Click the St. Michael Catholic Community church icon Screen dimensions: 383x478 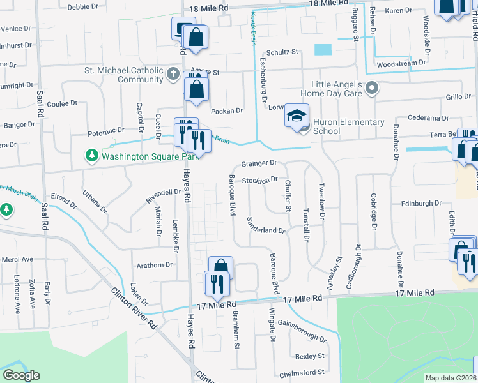click(x=172, y=75)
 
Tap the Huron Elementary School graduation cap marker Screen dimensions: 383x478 click(x=297, y=116)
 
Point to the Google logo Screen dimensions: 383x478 click(x=21, y=375)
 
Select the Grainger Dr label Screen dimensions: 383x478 click(x=259, y=163)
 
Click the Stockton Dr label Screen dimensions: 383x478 click(x=260, y=180)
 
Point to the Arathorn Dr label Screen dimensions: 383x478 click(x=154, y=264)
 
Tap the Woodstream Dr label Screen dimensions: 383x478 click(x=401, y=63)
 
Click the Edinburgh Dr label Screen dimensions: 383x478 click(x=421, y=202)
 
